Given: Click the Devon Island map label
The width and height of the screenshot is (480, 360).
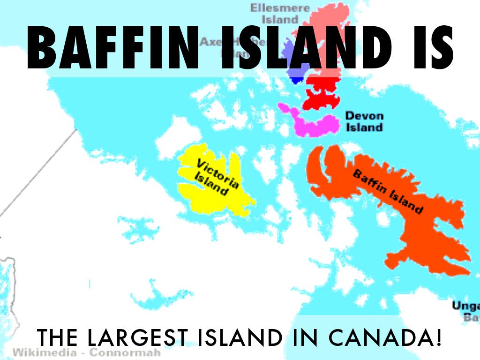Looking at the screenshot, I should pyautogui.click(x=364, y=121).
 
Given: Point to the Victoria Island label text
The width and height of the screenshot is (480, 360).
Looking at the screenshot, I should pyautogui.click(x=215, y=177).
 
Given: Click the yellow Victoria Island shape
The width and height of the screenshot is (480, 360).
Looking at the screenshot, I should pyautogui.click(x=197, y=197).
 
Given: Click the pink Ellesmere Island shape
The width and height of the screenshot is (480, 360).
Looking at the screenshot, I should pyautogui.click(x=323, y=19).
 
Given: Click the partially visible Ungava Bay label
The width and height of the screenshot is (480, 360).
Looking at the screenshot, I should pyautogui.click(x=465, y=312).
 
